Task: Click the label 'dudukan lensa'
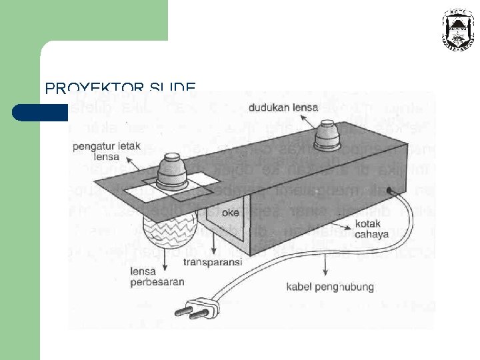283,107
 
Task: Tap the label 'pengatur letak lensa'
101,151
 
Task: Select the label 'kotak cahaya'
375,228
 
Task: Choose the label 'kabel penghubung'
330,287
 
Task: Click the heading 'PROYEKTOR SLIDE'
120,88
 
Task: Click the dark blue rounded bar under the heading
40,112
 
